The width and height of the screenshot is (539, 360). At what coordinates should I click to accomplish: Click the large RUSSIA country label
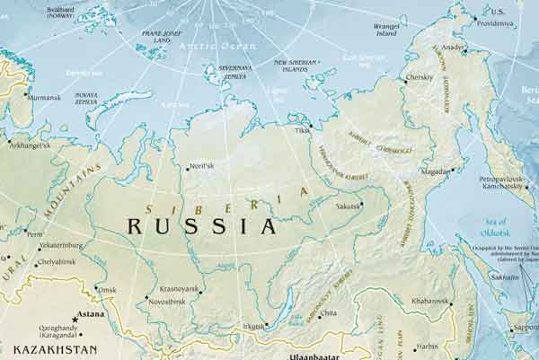[200, 224]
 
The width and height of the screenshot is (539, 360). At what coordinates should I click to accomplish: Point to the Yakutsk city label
[347, 206]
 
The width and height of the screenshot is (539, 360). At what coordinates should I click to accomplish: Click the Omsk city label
[107, 289]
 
